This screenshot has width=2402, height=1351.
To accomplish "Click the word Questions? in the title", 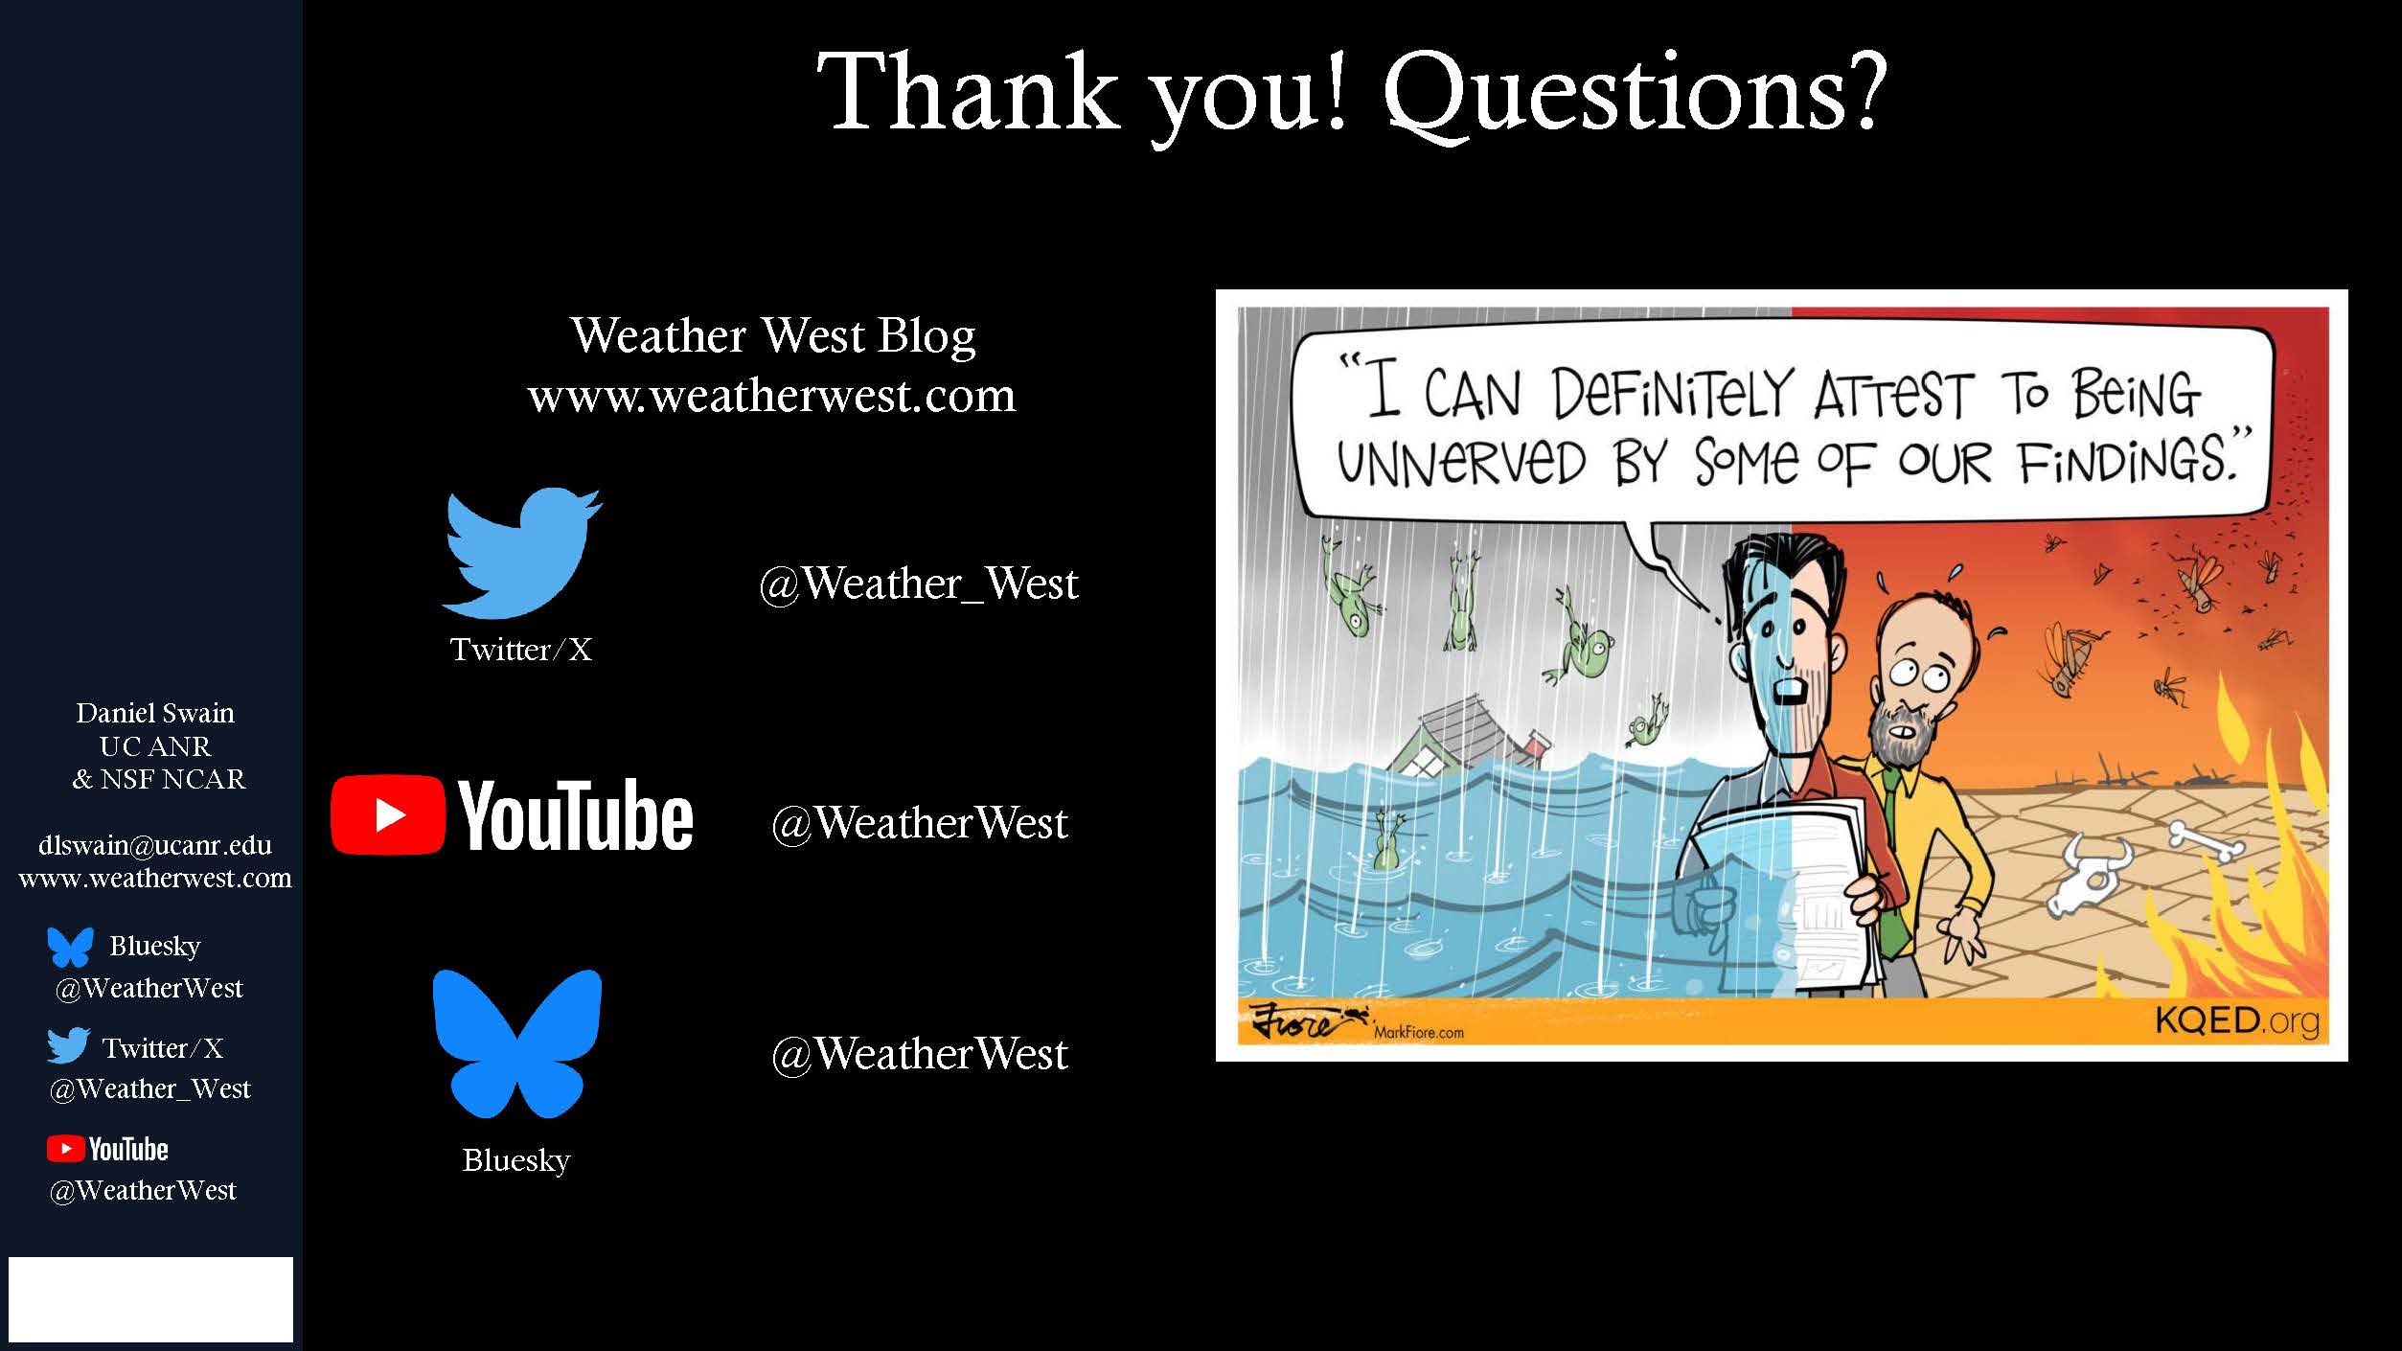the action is coord(1635,94).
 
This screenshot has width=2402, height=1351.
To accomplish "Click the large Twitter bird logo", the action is coord(521,553).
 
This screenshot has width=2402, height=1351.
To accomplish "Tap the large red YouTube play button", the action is coord(388,814).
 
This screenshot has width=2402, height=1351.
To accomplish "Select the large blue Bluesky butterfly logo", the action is coord(517,1043).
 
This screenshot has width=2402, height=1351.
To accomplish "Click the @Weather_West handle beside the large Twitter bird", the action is coord(919,584).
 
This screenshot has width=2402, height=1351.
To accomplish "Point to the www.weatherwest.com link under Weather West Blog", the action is coord(771,396).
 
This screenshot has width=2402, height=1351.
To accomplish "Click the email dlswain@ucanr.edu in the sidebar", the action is coord(155,845).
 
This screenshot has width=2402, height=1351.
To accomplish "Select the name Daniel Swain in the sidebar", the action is coord(155,713).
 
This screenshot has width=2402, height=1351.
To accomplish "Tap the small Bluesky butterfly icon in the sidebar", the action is coord(71,947).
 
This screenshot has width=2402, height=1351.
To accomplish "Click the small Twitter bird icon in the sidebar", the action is coord(69,1045).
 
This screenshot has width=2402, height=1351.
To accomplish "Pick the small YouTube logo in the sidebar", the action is coord(107,1149).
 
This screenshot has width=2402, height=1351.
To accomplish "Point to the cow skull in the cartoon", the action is coord(2087,872).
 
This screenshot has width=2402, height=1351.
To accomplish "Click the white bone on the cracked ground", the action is coord(2206,841).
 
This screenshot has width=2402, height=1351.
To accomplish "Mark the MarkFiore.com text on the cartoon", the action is coord(1418,1032).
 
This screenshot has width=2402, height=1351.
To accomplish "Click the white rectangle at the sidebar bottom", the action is coord(150,1299).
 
